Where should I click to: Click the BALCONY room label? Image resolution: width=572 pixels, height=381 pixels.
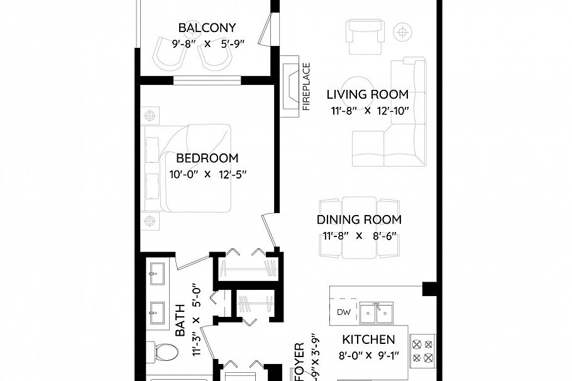click(207, 28)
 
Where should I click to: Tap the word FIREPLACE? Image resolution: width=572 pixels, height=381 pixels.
click(307, 86)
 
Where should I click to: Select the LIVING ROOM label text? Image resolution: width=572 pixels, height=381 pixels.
click(367, 95)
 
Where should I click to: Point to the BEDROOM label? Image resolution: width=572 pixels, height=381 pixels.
click(207, 158)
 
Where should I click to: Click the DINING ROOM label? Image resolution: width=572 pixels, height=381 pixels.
click(359, 220)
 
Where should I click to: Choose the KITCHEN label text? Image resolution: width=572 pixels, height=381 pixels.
click(368, 340)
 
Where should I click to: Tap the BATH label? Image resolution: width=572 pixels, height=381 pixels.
click(180, 321)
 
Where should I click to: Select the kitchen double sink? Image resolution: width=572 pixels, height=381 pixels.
click(377, 311)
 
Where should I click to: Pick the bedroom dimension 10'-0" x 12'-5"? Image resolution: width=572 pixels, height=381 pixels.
click(207, 175)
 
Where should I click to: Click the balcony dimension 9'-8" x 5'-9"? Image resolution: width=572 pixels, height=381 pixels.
click(207, 44)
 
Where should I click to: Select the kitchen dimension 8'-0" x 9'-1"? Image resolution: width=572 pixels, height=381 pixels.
click(368, 356)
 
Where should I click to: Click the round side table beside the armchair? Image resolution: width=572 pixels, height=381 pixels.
click(401, 31)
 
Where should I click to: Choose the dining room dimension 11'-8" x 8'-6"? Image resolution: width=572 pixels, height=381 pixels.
click(359, 236)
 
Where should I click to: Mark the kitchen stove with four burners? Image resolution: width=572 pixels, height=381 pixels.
click(422, 352)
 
